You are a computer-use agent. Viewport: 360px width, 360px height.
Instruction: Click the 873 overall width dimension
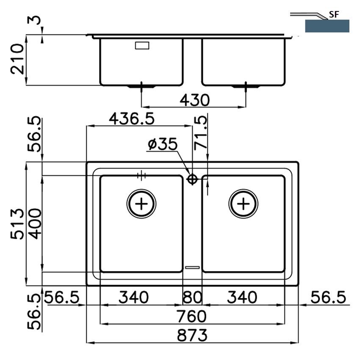point(192,335)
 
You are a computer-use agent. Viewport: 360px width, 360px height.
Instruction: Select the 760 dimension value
point(192,316)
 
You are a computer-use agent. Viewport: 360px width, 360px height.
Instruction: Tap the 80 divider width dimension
point(192,297)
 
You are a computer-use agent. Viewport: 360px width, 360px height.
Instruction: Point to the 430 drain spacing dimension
point(194,100)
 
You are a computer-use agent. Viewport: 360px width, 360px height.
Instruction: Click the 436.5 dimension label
point(132,119)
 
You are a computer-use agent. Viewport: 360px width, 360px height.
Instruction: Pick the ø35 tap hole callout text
point(163,144)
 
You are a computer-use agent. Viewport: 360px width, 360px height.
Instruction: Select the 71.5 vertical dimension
point(200,133)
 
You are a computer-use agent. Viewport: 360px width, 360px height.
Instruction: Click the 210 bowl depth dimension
point(17,59)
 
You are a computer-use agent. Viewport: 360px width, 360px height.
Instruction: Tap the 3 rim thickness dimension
point(34,20)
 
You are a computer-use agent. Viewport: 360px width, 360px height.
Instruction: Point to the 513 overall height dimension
point(17,224)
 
